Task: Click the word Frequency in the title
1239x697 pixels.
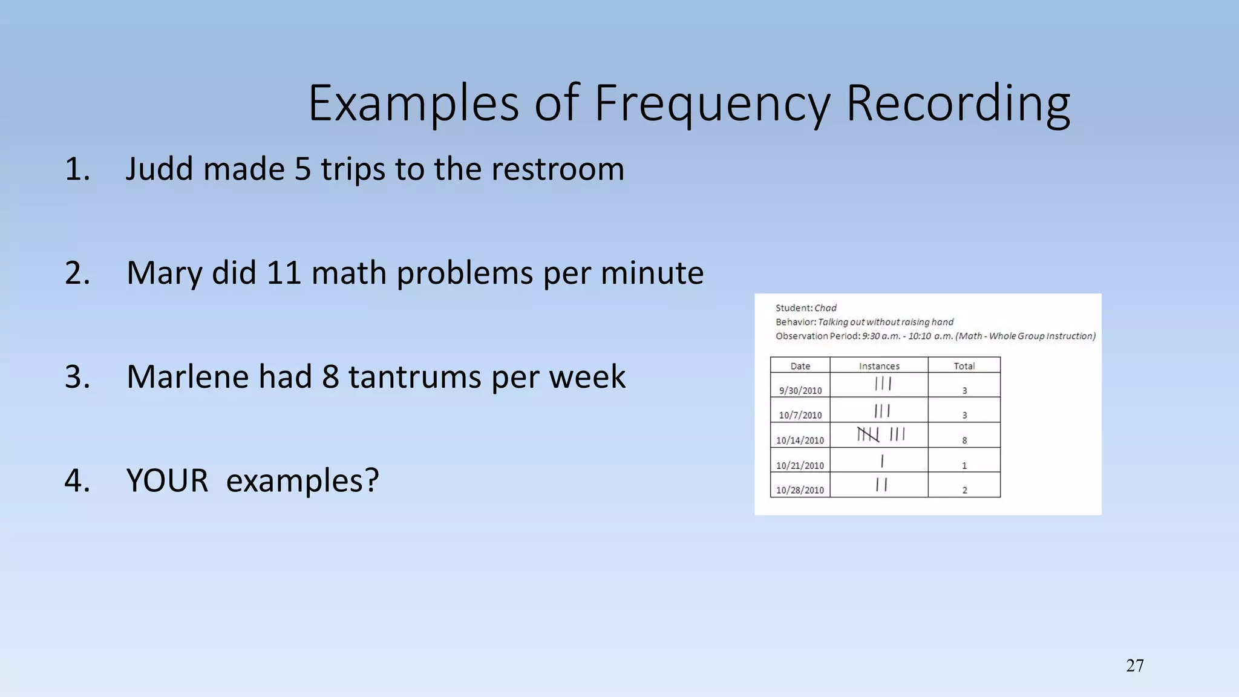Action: pyautogui.click(x=712, y=104)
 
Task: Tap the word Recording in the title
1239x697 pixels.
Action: pyautogui.click(x=958, y=104)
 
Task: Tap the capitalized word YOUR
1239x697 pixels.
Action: pyautogui.click(x=167, y=481)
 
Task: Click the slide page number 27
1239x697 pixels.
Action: pyautogui.click(x=1135, y=666)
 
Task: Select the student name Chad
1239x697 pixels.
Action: pyautogui.click(x=825, y=308)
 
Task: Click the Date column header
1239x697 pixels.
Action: pyautogui.click(x=800, y=366)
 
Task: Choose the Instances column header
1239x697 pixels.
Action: pyautogui.click(x=879, y=366)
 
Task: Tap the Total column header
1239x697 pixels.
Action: pyautogui.click(x=964, y=366)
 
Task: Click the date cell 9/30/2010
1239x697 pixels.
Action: pyautogui.click(x=800, y=391)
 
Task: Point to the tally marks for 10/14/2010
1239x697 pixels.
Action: pyautogui.click(x=881, y=435)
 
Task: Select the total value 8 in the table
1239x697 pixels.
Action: pyautogui.click(x=964, y=440)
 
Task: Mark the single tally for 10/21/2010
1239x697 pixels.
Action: pyautogui.click(x=882, y=461)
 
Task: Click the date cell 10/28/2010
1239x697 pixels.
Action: pyautogui.click(x=800, y=490)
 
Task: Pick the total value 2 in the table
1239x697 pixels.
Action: pyautogui.click(x=964, y=490)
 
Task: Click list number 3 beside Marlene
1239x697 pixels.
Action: pyautogui.click(x=77, y=377)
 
